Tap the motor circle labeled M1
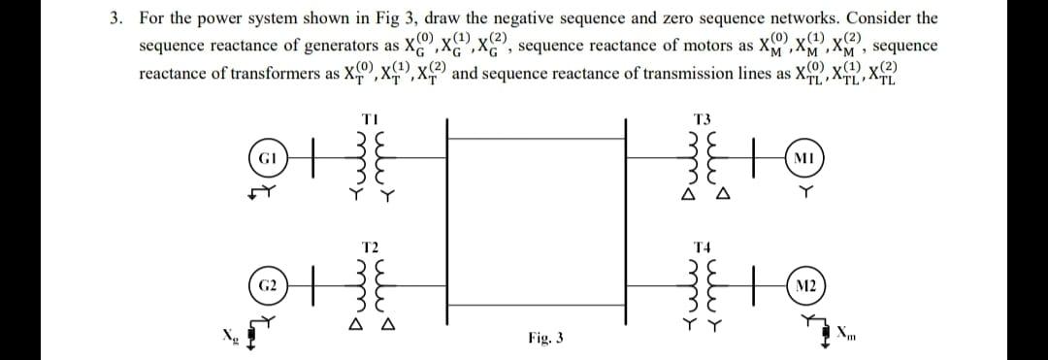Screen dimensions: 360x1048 [x=802, y=157]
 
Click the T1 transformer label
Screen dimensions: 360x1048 [x=368, y=118]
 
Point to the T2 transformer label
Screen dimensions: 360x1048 [x=369, y=247]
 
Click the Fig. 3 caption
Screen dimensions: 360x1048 [x=546, y=339]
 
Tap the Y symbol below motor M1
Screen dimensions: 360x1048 [x=802, y=192]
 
